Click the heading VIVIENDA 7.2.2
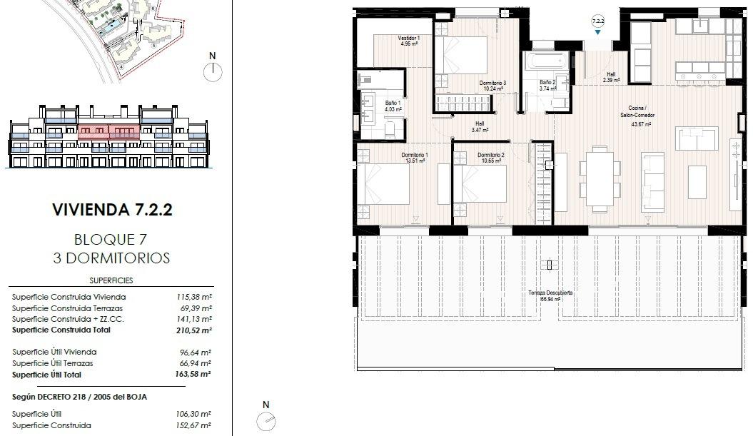point(113,211)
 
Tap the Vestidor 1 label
point(408,41)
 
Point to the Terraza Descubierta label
point(550,296)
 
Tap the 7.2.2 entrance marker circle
point(598,22)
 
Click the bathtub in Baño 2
point(546,63)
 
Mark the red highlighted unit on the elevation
point(108,132)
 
